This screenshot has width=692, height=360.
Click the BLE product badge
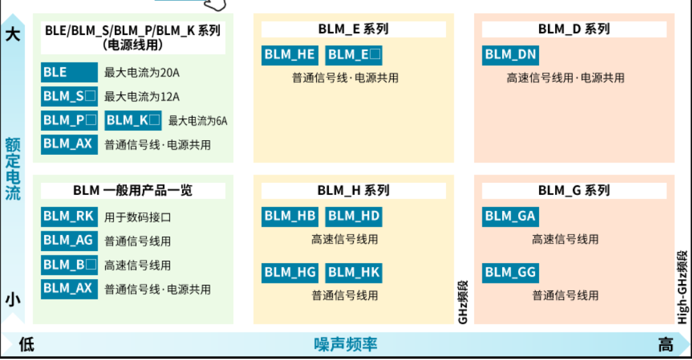(x=69, y=73)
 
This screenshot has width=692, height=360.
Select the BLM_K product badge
(x=133, y=120)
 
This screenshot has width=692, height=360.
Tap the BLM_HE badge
(x=289, y=55)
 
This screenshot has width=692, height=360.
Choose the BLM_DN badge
(x=510, y=55)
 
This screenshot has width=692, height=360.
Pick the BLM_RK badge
(x=69, y=217)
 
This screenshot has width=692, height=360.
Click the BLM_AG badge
(x=69, y=241)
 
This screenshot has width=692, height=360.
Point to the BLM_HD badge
(x=354, y=217)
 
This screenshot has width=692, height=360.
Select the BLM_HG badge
(x=289, y=273)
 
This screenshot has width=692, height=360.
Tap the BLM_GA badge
(x=510, y=217)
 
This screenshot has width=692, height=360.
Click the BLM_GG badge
(x=510, y=273)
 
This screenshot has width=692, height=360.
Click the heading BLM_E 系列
(x=354, y=29)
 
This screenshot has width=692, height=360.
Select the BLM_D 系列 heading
(x=574, y=29)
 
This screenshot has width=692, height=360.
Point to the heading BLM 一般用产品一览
(x=133, y=191)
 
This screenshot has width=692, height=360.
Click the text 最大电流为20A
(x=141, y=73)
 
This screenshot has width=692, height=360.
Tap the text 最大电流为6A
(x=198, y=121)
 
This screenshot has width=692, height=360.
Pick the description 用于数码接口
(x=137, y=217)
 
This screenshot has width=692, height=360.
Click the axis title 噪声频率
(x=345, y=345)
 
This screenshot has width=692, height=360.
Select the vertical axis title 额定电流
(x=13, y=169)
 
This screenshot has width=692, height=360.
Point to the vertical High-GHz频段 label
(x=682, y=287)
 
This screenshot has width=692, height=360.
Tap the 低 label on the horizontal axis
(x=27, y=345)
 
